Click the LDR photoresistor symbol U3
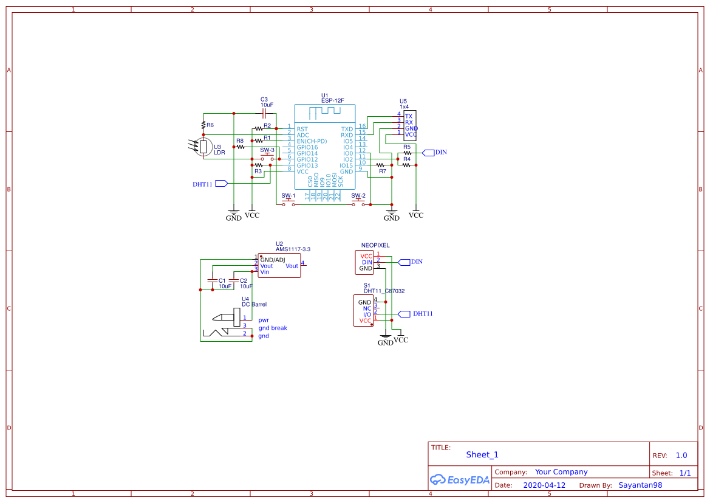(x=203, y=147)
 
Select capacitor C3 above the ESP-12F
(x=264, y=113)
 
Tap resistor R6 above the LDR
(x=203, y=125)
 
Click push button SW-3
(x=267, y=159)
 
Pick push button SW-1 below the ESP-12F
(x=288, y=204)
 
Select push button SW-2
(x=358, y=204)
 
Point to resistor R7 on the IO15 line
(x=381, y=165)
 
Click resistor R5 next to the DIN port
(x=407, y=153)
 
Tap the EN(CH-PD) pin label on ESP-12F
(x=312, y=141)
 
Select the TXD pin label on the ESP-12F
(x=347, y=129)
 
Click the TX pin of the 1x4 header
(x=409, y=116)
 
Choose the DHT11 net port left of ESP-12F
(x=221, y=183)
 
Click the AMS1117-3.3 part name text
(x=293, y=249)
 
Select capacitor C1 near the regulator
(x=212, y=280)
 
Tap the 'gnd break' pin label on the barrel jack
(x=273, y=328)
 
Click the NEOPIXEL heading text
(x=375, y=246)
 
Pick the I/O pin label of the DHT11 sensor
(x=367, y=314)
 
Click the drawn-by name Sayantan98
(x=640, y=485)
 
